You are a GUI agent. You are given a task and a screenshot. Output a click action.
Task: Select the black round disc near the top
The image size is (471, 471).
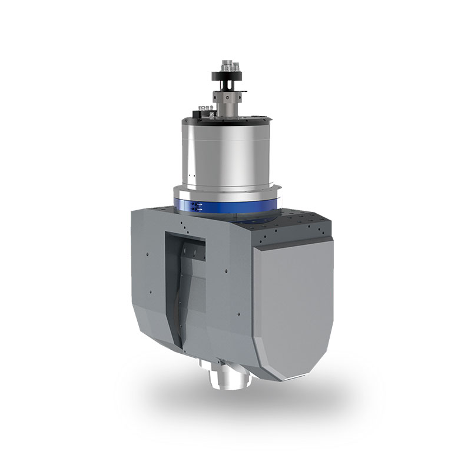point(225,75)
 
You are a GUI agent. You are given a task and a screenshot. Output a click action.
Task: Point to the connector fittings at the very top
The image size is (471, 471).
point(227,63)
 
